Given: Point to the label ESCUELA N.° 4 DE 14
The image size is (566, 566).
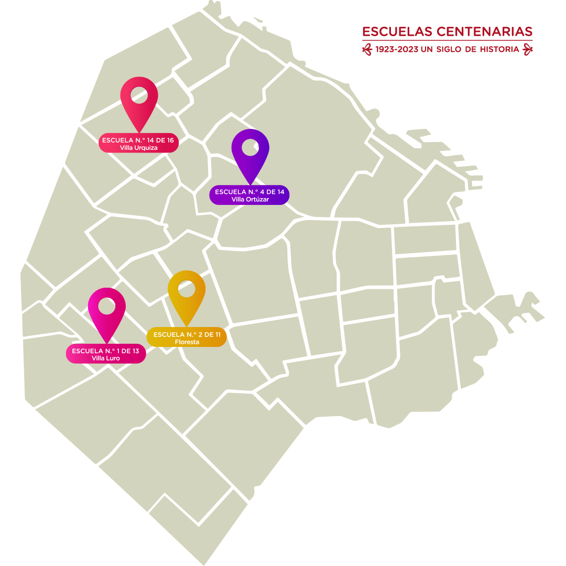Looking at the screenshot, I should [x=249, y=192].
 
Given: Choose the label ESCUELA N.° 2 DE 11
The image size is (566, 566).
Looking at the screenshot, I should [x=187, y=334].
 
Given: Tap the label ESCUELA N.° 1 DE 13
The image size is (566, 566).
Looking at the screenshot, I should [x=105, y=351].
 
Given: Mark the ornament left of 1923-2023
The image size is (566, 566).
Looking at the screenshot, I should [x=367, y=49].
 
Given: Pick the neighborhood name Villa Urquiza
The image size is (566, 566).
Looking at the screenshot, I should [x=138, y=148].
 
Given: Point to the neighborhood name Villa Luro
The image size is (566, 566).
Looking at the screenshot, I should [x=105, y=358].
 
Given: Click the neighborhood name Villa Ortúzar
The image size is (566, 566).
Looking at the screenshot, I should [x=249, y=199].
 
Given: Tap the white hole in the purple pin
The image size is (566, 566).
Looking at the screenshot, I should [x=251, y=147].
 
